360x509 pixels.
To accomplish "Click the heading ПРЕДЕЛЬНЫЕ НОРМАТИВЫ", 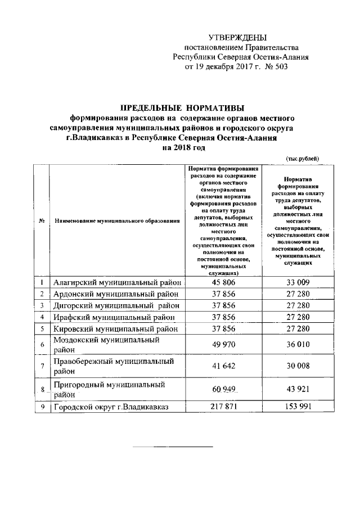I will (x=182, y=108).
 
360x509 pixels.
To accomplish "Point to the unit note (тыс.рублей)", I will (x=303, y=159).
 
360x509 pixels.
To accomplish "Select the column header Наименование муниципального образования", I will (x=117, y=220).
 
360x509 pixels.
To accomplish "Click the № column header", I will (x=42, y=220).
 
